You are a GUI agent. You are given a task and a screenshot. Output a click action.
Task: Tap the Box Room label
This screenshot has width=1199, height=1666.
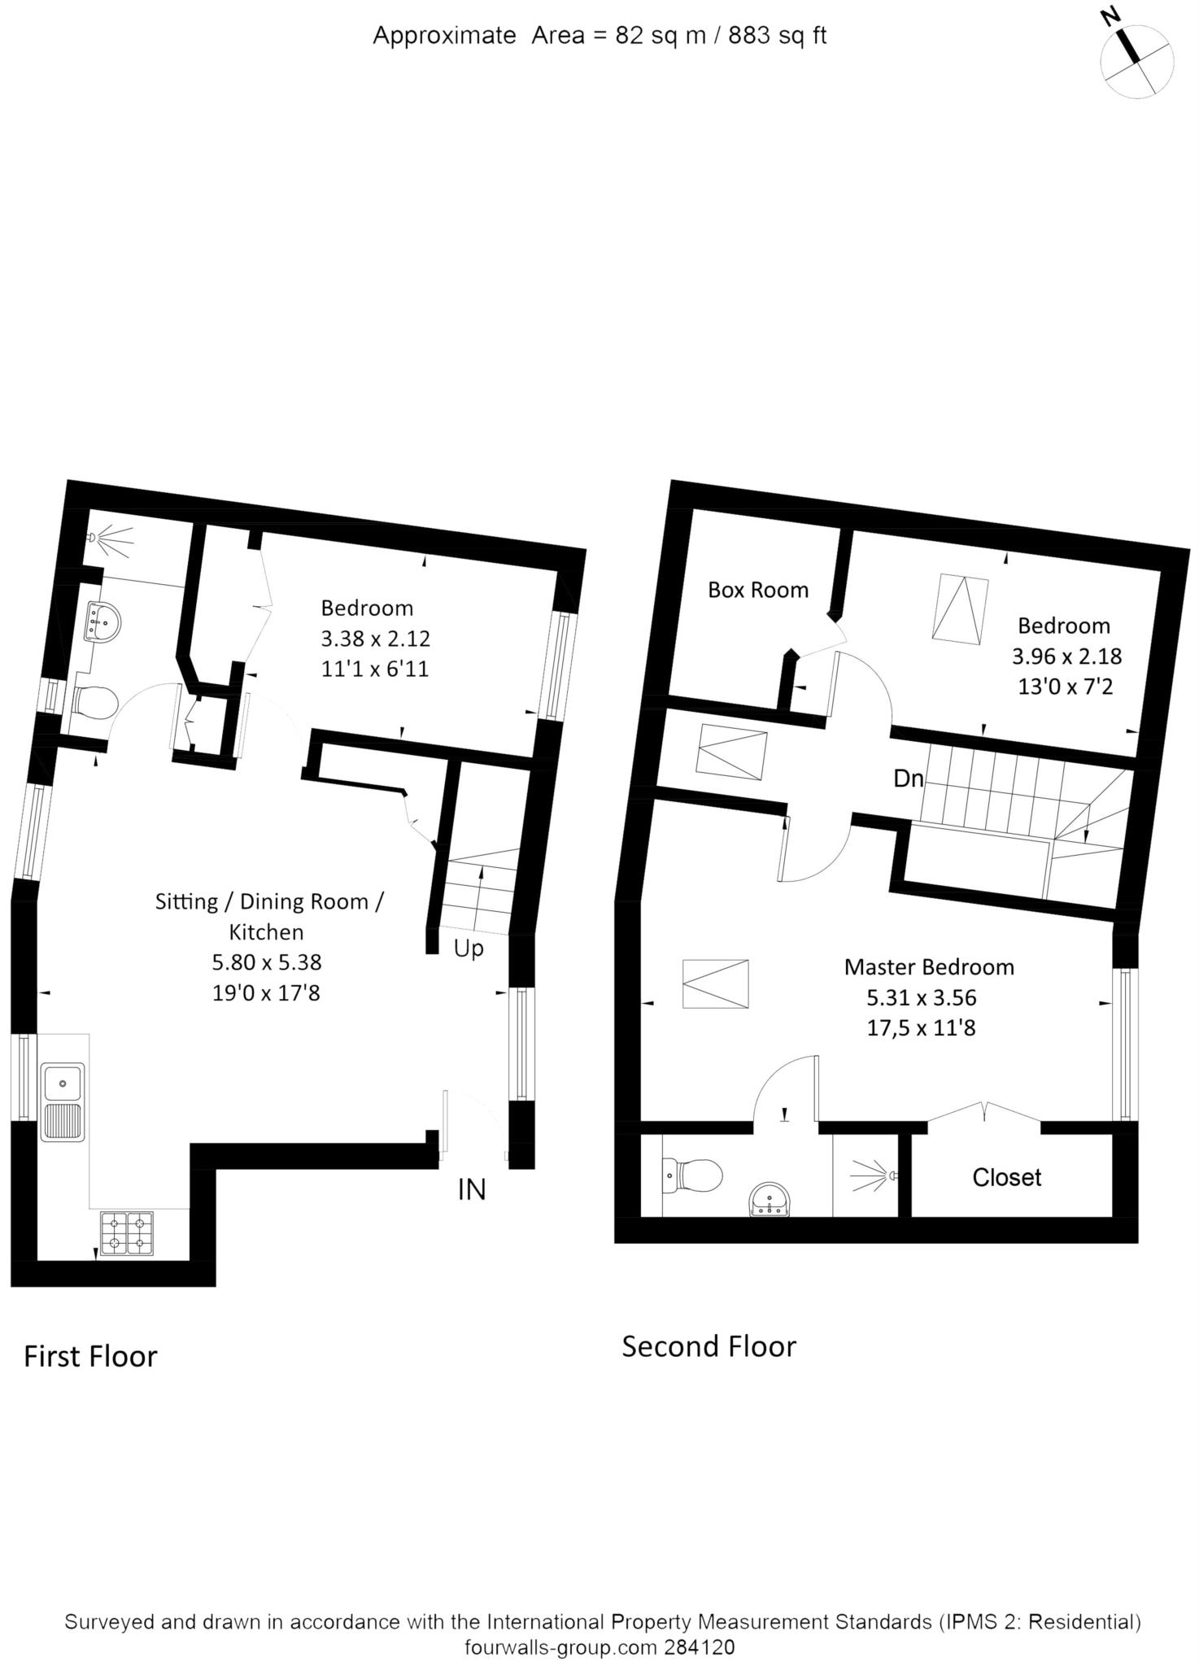[x=758, y=590]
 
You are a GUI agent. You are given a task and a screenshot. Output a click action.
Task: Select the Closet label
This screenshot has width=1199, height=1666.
[x=1007, y=1177]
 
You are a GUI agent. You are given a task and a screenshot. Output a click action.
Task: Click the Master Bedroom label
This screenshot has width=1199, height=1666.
[x=929, y=967]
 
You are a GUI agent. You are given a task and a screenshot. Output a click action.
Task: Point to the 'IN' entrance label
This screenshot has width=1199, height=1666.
[x=472, y=1190]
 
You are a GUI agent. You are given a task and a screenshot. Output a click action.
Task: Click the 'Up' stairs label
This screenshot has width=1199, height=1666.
[x=469, y=949]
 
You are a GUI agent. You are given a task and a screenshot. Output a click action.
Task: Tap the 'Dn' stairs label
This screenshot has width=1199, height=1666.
[x=909, y=778]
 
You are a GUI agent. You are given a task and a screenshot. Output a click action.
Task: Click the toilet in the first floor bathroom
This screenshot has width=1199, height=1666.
[x=94, y=702]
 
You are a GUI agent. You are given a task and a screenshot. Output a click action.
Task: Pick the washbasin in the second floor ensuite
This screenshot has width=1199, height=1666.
[x=770, y=1201]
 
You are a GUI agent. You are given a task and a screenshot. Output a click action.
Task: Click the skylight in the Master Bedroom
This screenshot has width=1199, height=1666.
[x=715, y=984]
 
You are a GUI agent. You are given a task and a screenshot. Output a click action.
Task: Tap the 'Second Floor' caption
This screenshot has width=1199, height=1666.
[x=709, y=1346]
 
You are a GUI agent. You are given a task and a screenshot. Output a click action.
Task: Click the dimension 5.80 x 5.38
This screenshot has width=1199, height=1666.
[x=267, y=962]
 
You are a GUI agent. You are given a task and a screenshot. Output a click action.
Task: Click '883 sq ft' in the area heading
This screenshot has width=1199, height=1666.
[x=778, y=36]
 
